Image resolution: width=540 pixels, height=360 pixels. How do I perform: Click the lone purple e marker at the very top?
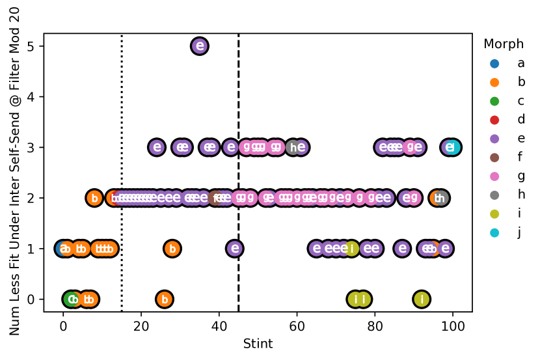tap(200, 46)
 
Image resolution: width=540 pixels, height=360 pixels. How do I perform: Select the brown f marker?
tap(215, 198)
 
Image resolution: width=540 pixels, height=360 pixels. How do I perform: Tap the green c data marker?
tap(70, 299)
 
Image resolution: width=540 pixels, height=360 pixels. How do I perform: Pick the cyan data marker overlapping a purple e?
tap(453, 147)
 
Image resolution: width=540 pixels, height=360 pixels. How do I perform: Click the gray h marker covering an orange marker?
tap(442, 198)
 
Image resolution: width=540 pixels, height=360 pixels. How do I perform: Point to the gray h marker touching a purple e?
tap(293, 148)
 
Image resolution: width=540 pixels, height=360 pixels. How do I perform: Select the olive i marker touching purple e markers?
tap(351, 249)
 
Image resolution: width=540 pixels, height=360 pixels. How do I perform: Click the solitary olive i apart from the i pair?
tap(422, 299)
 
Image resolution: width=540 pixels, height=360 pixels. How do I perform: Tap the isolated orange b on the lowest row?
tap(165, 299)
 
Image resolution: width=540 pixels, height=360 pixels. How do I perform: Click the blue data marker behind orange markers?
tap(62, 249)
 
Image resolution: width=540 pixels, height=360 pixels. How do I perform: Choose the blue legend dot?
tap(494, 64)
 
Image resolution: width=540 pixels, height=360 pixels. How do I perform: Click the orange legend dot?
tap(494, 83)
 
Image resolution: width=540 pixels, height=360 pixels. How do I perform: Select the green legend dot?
tap(494, 102)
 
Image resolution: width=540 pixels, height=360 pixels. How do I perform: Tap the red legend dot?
tap(494, 120)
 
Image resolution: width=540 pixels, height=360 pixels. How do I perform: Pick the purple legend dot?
tap(494, 139)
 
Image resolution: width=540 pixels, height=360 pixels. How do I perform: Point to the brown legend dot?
tap(494, 158)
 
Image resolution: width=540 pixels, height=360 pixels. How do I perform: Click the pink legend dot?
tap(494, 176)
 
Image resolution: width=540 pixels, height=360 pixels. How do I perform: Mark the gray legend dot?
tap(494, 195)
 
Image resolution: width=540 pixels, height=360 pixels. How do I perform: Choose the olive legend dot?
tap(494, 214)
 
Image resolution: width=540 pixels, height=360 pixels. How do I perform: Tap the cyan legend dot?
tap(494, 233)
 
